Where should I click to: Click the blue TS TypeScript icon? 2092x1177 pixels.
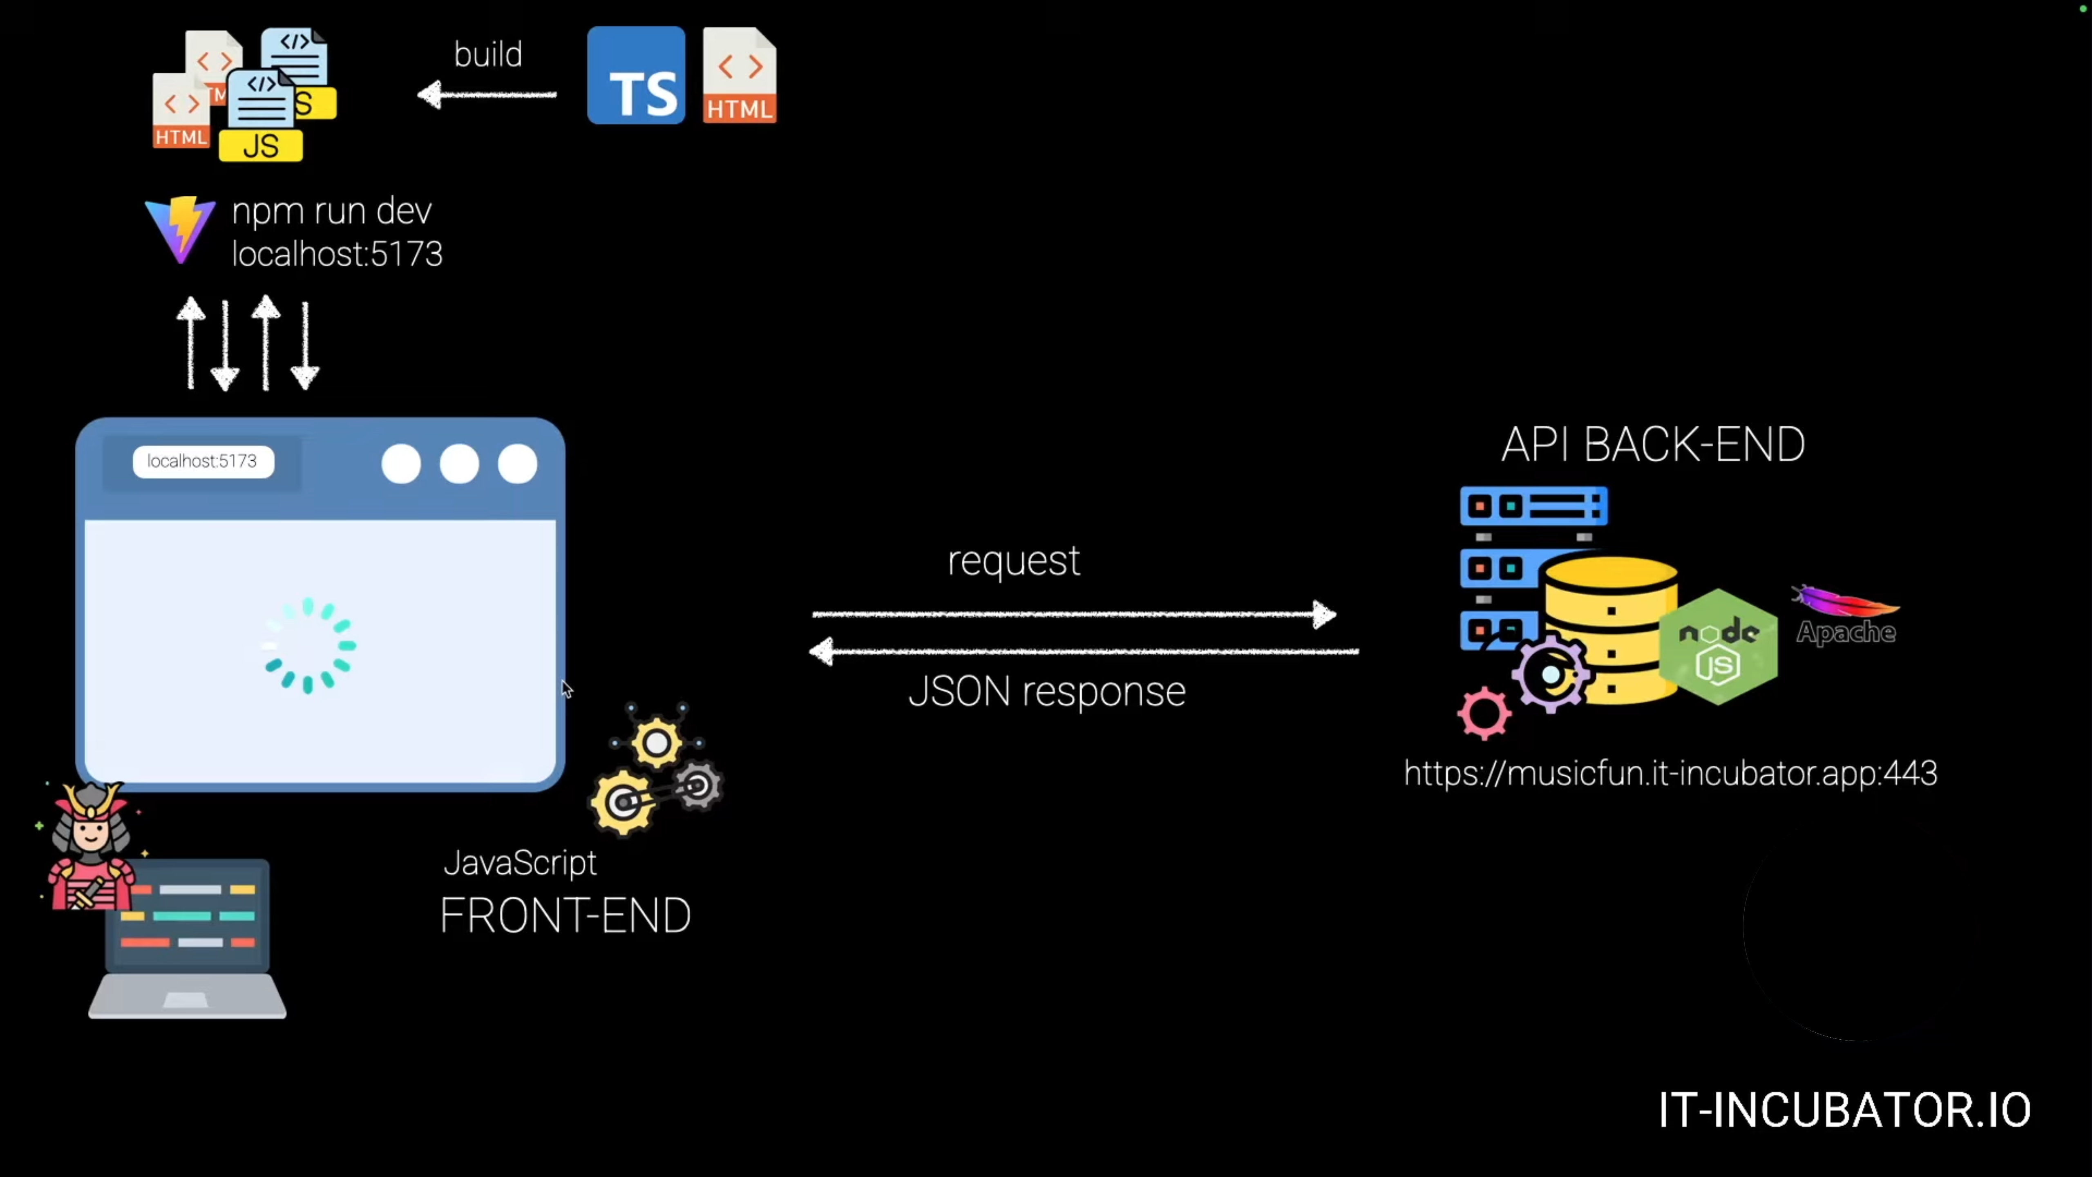tap(636, 76)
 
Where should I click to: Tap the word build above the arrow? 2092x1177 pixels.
tap(487, 54)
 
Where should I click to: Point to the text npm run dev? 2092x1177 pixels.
tap(331, 211)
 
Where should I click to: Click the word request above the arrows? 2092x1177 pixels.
tap(1013, 560)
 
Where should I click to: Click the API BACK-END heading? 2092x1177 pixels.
tap(1653, 445)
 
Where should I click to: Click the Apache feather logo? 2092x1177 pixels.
tap(1845, 615)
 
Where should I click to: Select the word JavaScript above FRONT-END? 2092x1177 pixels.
tap(520, 863)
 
